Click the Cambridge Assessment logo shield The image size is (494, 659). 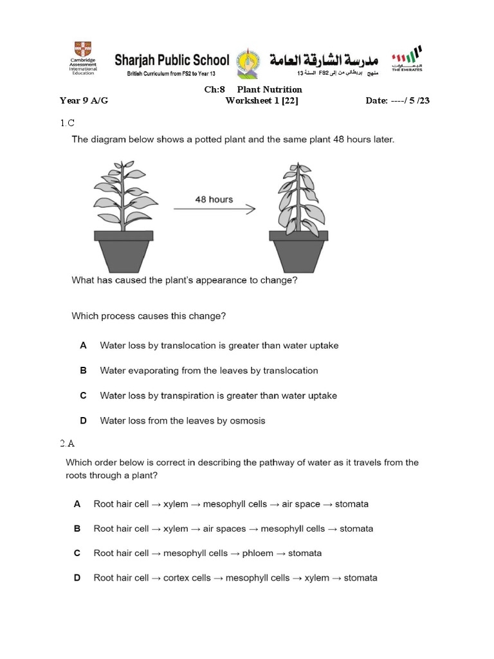[x=83, y=50]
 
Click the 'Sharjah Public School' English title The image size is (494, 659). [x=171, y=60]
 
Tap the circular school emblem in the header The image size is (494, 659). [x=248, y=62]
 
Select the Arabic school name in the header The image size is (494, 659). [x=324, y=60]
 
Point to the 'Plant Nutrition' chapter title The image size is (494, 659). [x=270, y=89]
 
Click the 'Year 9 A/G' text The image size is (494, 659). [x=84, y=100]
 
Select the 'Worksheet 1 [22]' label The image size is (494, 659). [x=261, y=100]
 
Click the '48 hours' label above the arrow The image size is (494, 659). [x=214, y=200]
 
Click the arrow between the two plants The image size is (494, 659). [x=214, y=209]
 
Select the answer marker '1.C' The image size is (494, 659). [x=68, y=122]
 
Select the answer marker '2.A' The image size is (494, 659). [x=68, y=443]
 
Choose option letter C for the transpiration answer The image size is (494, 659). [x=83, y=396]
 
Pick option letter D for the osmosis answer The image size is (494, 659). [x=83, y=421]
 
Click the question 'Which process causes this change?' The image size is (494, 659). [x=149, y=316]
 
